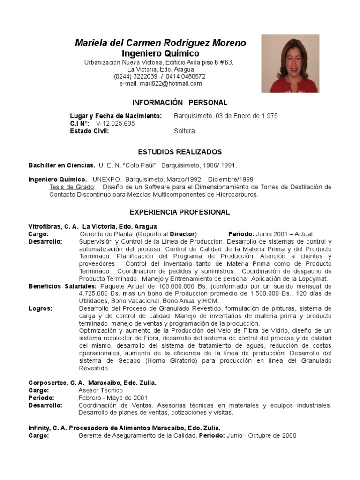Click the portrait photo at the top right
(x=290, y=63)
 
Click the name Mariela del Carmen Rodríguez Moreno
(x=160, y=43)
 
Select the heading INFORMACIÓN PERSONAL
(x=180, y=103)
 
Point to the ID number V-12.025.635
(x=115, y=124)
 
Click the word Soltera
(x=184, y=131)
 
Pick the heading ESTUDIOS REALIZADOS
(x=180, y=152)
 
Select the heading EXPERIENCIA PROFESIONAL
(x=180, y=212)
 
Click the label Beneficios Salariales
(x=63, y=286)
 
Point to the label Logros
(x=40, y=309)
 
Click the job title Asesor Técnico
(x=101, y=390)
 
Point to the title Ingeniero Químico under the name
(x=160, y=53)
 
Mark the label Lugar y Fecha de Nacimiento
(x=116, y=116)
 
